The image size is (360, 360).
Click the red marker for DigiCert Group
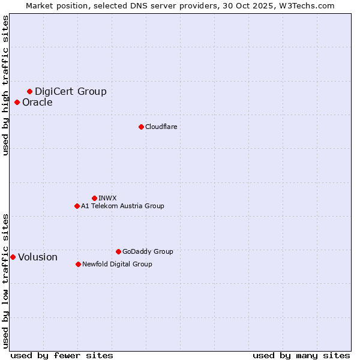pyautogui.click(x=29, y=91)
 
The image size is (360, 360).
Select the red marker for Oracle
pyautogui.click(x=17, y=102)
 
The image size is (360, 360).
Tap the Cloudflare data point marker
pyautogui.click(x=141, y=127)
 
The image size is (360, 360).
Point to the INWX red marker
pyautogui.click(x=94, y=198)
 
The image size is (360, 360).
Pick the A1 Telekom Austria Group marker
pyautogui.click(x=77, y=206)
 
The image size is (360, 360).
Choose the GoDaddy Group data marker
pyautogui.click(x=118, y=251)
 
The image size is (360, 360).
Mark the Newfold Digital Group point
pyautogui.click(x=78, y=264)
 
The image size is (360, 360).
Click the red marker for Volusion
pyautogui.click(x=13, y=257)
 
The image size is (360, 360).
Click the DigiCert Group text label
pyautogui.click(x=71, y=91)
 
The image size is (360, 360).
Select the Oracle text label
pyautogui.click(x=37, y=102)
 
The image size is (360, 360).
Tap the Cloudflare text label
pyautogui.click(x=161, y=127)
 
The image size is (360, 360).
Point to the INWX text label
pyautogui.click(x=107, y=198)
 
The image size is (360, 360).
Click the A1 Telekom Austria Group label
pyautogui.click(x=122, y=206)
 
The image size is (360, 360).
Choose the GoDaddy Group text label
pyautogui.click(x=148, y=251)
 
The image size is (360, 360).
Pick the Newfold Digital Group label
pyautogui.click(x=117, y=264)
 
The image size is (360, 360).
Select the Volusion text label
pyautogui.click(x=38, y=257)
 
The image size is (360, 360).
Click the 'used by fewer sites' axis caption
pyautogui.click(x=62, y=355)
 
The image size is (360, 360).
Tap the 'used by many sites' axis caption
pyautogui.click(x=301, y=355)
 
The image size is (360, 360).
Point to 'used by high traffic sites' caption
pyautogui.click(x=5, y=85)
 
